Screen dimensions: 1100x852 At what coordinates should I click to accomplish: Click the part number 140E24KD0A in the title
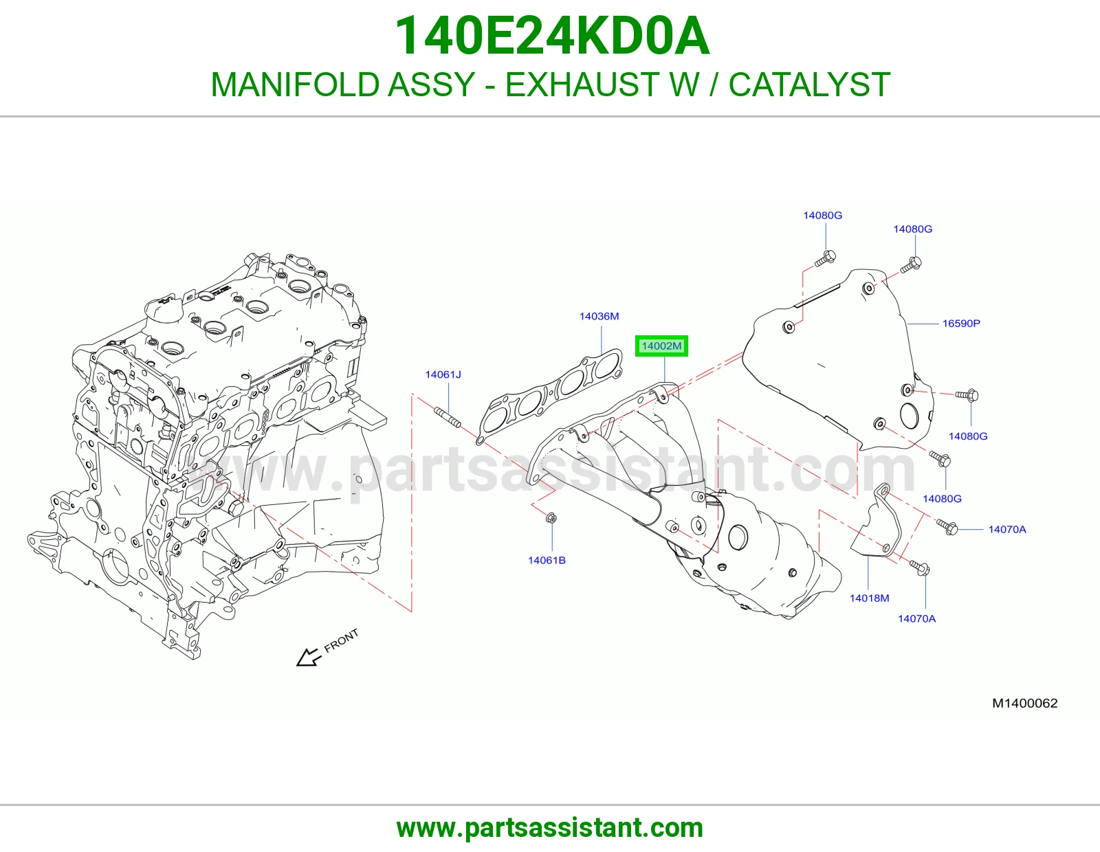pos(552,36)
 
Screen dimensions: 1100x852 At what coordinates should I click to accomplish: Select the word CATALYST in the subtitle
pos(809,85)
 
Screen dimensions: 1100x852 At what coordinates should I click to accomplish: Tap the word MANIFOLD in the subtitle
pos(295,85)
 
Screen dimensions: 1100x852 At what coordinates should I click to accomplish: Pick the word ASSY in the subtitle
pos(431,85)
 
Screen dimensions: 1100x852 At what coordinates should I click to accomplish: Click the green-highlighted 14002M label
pos(661,346)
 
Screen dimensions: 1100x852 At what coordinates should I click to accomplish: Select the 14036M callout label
pos(599,316)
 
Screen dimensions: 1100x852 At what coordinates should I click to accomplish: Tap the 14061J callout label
pos(443,374)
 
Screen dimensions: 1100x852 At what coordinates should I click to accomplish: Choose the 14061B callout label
pos(547,560)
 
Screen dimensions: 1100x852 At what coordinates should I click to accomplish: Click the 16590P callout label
pos(961,324)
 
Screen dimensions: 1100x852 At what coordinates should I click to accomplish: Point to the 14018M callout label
pos(869,598)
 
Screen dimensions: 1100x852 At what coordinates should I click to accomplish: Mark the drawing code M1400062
pos(1024,704)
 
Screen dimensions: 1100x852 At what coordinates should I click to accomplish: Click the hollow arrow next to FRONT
pos(309,657)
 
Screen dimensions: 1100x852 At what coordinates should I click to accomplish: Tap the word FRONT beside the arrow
pos(341,640)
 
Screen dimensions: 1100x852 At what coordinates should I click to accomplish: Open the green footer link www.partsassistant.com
pos(550,828)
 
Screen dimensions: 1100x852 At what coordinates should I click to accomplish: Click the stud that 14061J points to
pos(448,417)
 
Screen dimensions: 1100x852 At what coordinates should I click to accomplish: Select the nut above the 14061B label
pos(552,518)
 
